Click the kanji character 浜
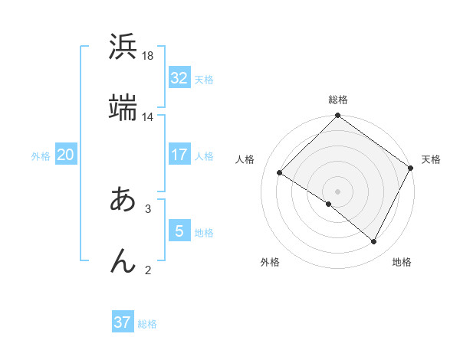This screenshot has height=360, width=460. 123,47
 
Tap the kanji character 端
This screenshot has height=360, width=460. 123,107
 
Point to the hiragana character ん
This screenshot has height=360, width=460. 123,260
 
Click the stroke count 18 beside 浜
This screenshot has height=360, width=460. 148,56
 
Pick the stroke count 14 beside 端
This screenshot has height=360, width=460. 148,117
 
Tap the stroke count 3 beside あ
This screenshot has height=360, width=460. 148,208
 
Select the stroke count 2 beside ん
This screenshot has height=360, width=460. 148,270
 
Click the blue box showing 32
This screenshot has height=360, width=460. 179,78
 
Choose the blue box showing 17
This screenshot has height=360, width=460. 179,155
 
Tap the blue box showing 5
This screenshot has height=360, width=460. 179,231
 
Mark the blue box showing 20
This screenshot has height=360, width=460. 65,155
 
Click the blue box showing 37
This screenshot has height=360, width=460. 123,322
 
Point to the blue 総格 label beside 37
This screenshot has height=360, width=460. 147,324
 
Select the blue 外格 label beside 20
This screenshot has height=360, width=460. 41,156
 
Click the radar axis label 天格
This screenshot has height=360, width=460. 431,159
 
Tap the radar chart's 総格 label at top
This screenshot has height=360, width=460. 338,100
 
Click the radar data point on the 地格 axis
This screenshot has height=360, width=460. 374,241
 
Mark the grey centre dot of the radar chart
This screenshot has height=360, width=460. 338,191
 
